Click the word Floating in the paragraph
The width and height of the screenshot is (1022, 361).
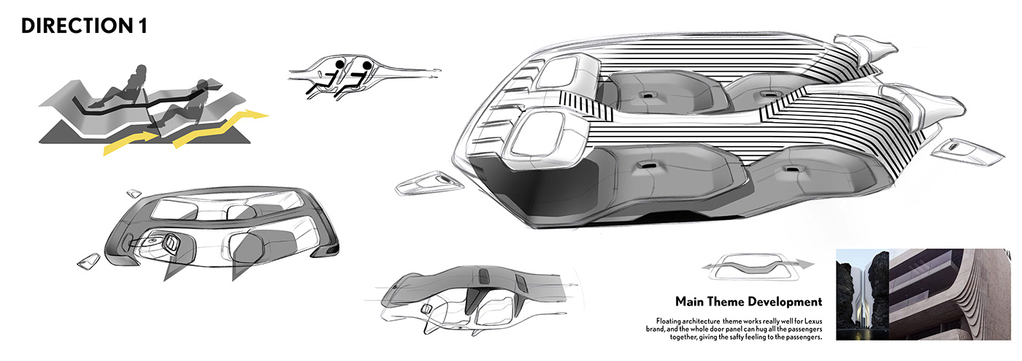click(x=672, y=321)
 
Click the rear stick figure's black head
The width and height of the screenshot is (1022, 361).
click(x=339, y=65)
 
